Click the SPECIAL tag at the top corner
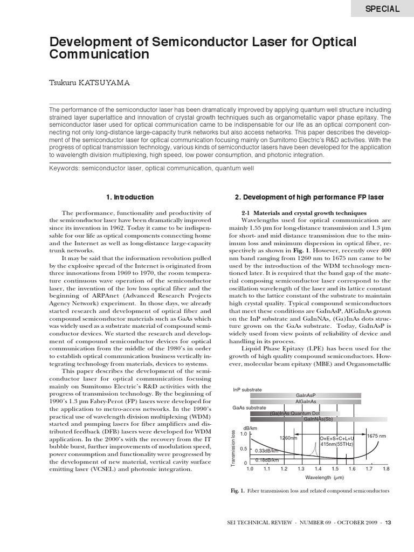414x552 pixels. [383, 9]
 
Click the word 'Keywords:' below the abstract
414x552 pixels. [64, 168]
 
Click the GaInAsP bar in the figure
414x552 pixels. [306, 396]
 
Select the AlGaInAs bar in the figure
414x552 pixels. [306, 402]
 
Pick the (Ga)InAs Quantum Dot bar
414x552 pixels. [295, 413]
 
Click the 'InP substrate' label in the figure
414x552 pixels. [247, 389]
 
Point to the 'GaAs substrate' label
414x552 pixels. [249, 408]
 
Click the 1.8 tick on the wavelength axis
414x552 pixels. [386, 469]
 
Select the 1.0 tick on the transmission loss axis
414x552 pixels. [243, 433]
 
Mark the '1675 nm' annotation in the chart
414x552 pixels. [376, 436]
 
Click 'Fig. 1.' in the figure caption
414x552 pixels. [238, 491]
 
